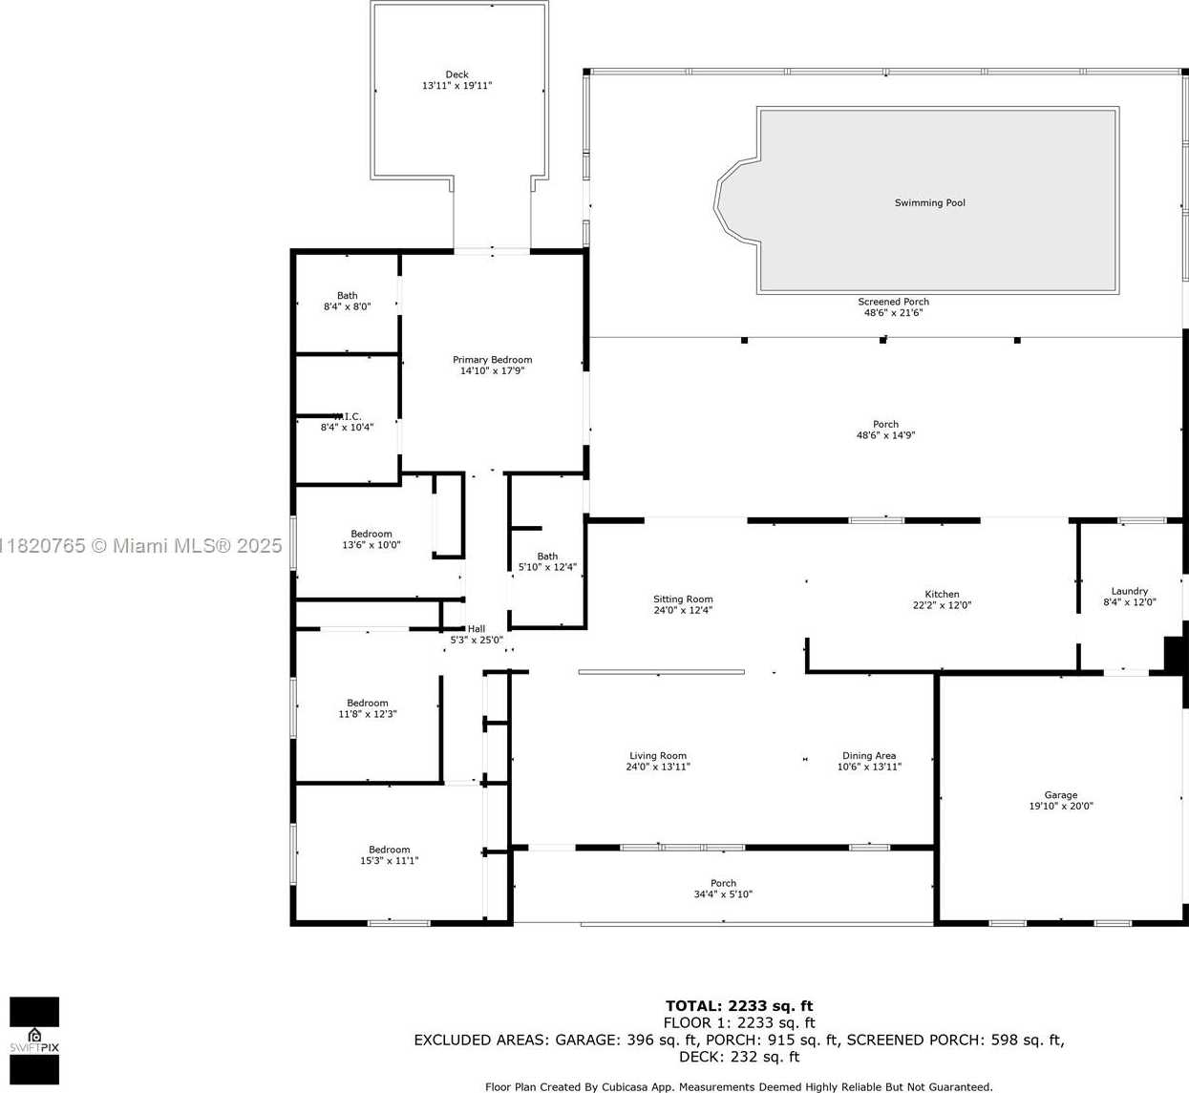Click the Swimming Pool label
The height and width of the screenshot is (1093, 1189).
coord(929,202)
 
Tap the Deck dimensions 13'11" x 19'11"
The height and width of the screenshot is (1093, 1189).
coord(456,85)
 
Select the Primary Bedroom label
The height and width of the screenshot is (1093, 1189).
coord(492,360)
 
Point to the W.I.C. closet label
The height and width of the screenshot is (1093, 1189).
coord(348,417)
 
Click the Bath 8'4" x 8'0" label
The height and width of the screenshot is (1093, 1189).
coord(348,301)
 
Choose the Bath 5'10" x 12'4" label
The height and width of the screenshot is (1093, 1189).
coord(547,561)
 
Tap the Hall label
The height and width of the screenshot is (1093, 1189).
coord(476,629)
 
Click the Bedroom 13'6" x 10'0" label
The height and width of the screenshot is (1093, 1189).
coord(372,539)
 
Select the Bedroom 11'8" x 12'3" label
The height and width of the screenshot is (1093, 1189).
coord(368,708)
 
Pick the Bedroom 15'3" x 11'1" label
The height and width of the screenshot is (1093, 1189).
coord(389,854)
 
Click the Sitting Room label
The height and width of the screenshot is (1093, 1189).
coord(683,599)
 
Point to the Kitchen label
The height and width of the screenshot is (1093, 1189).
coord(942,594)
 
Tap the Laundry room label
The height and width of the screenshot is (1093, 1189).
coord(1129,591)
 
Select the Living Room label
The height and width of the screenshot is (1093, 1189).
coord(658,756)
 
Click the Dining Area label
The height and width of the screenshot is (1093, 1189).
coord(869,756)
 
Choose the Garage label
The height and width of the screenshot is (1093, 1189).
coord(1060,795)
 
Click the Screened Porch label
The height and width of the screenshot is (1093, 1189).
coord(893,302)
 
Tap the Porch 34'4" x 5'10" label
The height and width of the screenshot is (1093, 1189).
coord(723,889)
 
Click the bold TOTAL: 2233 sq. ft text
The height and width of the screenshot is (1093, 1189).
coord(739,1006)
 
